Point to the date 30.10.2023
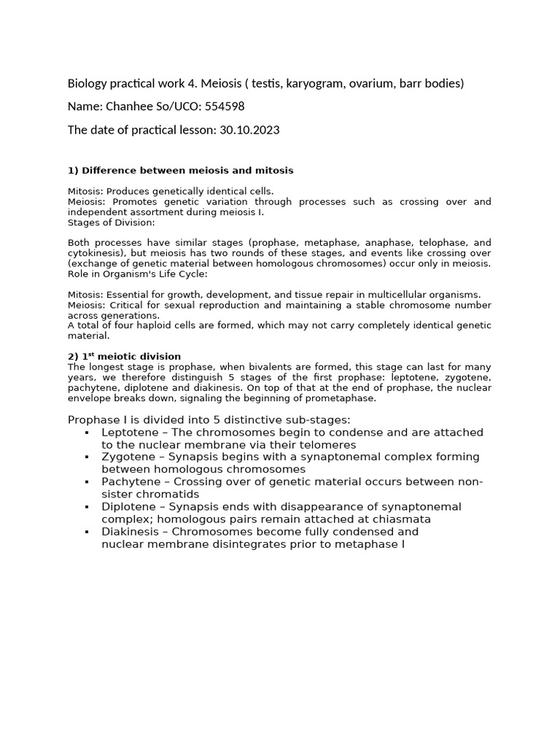[249, 130]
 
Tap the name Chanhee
[131, 107]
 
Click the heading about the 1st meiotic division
[124, 356]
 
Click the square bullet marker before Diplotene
[87, 506]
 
